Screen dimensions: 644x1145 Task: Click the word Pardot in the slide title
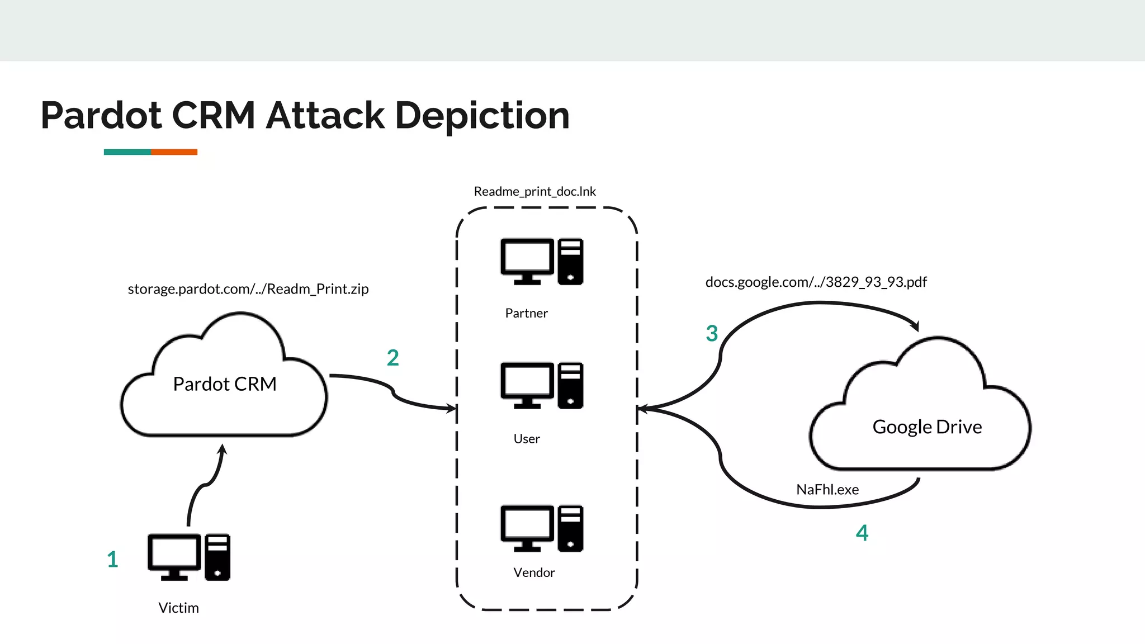pos(102,116)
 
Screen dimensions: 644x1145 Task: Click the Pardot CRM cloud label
pos(225,384)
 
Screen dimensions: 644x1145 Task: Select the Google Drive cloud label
pos(927,427)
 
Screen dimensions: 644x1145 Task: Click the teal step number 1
pos(112,559)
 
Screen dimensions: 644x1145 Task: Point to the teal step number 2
pos(393,358)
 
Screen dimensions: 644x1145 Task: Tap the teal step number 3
pos(712,334)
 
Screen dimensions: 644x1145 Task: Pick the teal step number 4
pos(862,533)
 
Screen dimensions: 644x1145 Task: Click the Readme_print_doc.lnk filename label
pos(535,192)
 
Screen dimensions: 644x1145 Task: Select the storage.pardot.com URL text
pos(248,289)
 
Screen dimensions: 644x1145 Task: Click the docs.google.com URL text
pos(816,282)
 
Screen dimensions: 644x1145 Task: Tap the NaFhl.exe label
pos(827,490)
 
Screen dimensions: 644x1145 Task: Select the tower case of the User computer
pos(570,386)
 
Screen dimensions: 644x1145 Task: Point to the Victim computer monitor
pos(174,556)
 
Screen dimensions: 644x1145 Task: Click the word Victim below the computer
pos(178,608)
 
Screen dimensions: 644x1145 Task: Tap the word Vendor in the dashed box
pos(534,572)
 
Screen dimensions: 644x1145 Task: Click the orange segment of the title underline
pos(174,152)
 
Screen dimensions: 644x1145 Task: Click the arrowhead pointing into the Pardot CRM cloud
pos(223,448)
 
